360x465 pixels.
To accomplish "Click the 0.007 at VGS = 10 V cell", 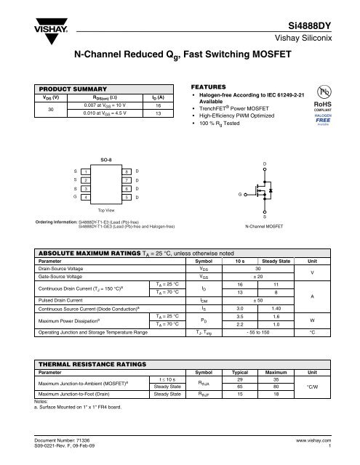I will click(x=100, y=105).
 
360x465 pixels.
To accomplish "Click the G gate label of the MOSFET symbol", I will click(x=240, y=195).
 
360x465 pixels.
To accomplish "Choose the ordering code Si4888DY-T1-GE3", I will click(x=98, y=227).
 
